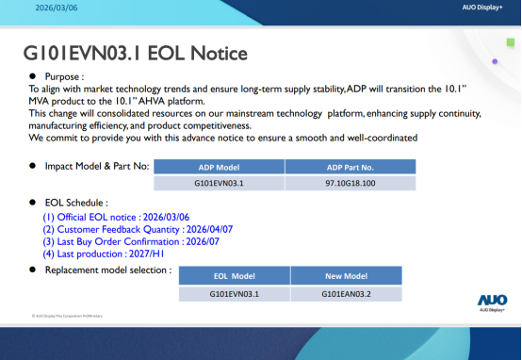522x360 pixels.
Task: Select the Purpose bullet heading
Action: coord(62,74)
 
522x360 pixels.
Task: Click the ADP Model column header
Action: coord(220,167)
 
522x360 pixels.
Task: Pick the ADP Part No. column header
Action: coord(350,167)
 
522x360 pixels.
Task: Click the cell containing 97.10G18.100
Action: coord(350,183)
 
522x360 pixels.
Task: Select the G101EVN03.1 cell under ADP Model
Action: coord(220,183)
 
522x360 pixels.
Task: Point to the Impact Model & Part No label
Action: coord(96,166)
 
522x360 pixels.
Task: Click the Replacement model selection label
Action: coord(107,270)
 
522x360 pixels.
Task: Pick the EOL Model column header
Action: coord(234,276)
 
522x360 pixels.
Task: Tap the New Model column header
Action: coord(345,276)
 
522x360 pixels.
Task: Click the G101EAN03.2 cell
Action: coord(345,293)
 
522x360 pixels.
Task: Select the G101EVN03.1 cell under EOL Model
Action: coord(234,293)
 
